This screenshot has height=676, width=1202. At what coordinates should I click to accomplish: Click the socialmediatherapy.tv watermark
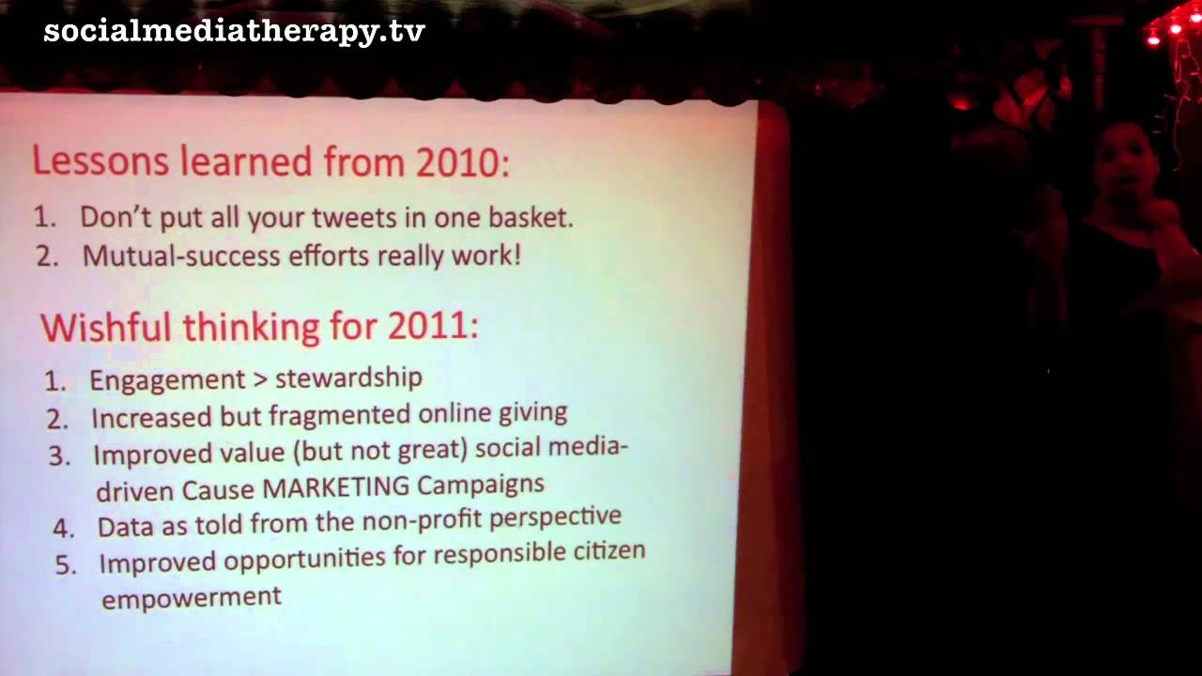(x=234, y=32)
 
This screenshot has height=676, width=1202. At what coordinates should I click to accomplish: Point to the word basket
(x=531, y=217)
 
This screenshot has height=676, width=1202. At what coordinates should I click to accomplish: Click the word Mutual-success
(x=181, y=255)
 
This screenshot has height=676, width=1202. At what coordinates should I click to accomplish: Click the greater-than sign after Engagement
(x=260, y=379)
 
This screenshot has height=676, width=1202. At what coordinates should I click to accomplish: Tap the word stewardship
(x=348, y=377)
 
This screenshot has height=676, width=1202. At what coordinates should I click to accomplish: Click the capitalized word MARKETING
(x=336, y=487)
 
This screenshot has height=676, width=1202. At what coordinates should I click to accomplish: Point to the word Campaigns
(x=481, y=485)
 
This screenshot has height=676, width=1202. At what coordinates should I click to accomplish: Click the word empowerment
(x=192, y=597)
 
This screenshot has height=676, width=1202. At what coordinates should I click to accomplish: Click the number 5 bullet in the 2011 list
(x=66, y=565)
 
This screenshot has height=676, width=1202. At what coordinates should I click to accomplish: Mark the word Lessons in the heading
(x=100, y=161)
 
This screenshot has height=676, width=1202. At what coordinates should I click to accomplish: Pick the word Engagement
(x=167, y=381)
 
